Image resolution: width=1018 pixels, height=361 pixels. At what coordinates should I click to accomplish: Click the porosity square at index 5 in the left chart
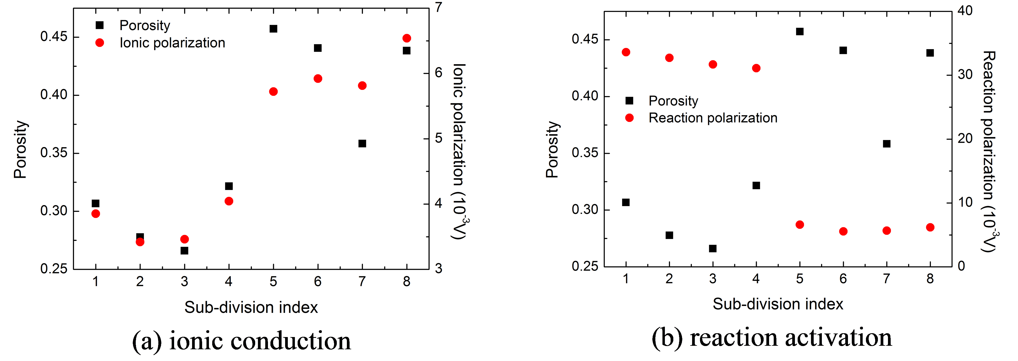pyautogui.click(x=273, y=29)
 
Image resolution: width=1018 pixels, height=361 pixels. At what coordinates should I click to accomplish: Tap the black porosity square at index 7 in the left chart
pyautogui.click(x=362, y=143)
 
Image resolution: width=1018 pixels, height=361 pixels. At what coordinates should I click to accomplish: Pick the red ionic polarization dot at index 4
pyautogui.click(x=229, y=201)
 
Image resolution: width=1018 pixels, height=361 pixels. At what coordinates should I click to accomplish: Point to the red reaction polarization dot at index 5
pyautogui.click(x=800, y=225)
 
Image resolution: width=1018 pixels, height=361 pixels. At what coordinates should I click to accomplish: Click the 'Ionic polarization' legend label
pyautogui.click(x=172, y=43)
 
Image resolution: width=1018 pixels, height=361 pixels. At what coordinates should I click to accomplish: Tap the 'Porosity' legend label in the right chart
pyautogui.click(x=673, y=101)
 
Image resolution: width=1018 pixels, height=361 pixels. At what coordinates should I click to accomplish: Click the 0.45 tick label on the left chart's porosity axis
pyautogui.click(x=54, y=37)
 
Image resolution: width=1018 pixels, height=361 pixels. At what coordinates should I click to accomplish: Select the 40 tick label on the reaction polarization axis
pyautogui.click(x=965, y=11)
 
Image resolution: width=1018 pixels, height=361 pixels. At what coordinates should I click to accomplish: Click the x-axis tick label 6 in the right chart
pyautogui.click(x=843, y=279)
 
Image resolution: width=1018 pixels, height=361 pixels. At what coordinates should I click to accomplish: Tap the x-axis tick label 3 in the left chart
pyautogui.click(x=184, y=282)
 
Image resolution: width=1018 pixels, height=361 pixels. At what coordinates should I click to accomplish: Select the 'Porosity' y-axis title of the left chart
pyautogui.click(x=20, y=149)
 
